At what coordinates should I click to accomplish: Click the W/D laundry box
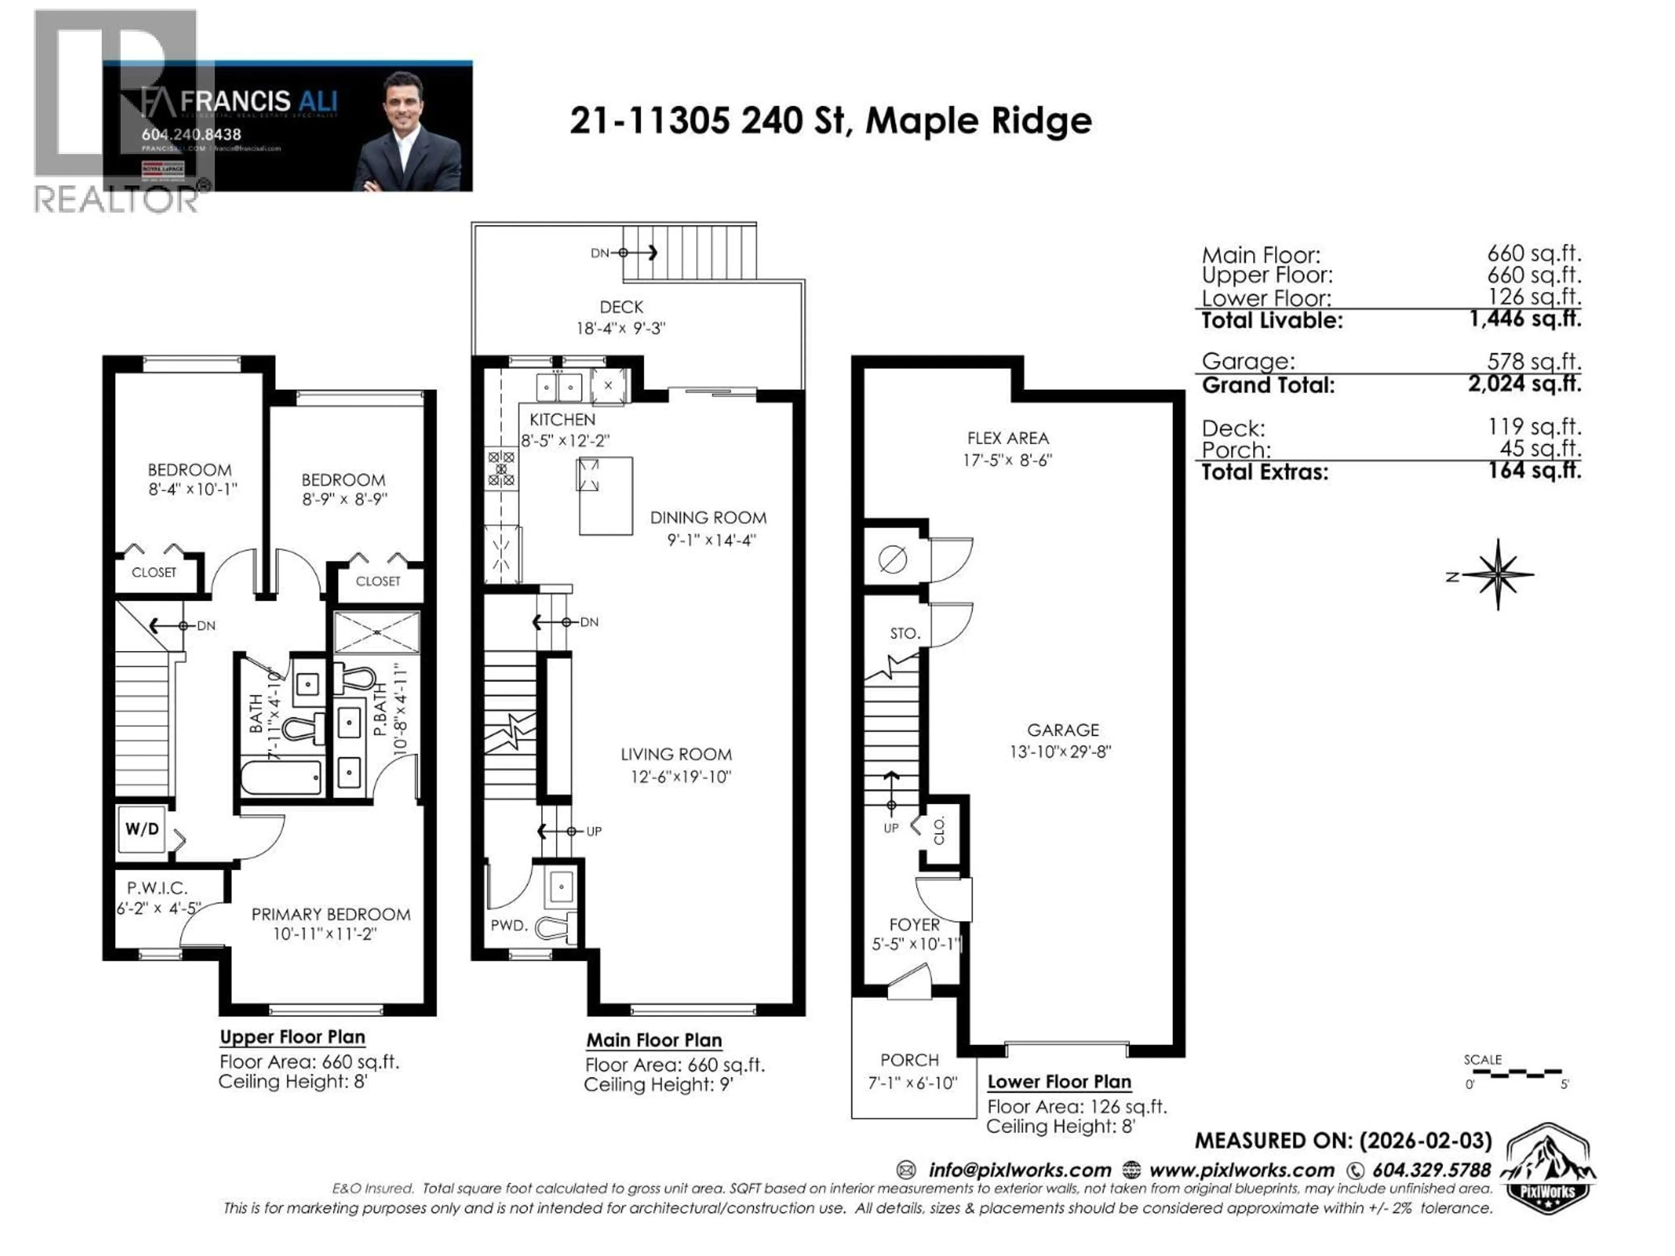coord(142,829)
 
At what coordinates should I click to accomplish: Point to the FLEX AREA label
coord(1008,438)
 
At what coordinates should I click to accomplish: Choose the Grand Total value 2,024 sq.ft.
coord(1525,384)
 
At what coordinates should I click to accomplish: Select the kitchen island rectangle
coord(606,496)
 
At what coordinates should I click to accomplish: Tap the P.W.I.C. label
coord(157,887)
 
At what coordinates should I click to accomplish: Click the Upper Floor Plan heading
coord(292,1037)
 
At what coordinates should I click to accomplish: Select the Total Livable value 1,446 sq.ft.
coord(1525,319)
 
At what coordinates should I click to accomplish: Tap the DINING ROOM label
coord(708,518)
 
